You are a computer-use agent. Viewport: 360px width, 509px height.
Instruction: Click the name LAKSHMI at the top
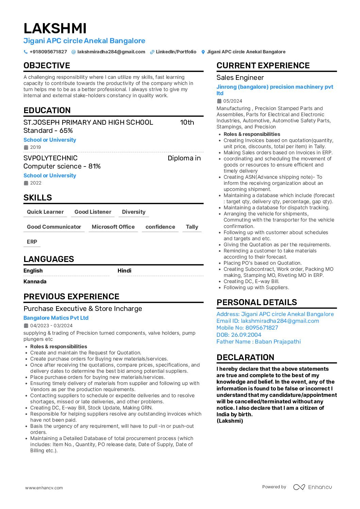(x=55, y=28)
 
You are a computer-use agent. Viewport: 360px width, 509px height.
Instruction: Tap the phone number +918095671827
(x=48, y=52)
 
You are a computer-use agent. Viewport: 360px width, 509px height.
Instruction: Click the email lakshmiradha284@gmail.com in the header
(x=111, y=52)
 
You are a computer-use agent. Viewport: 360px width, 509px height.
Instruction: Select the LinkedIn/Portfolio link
(x=176, y=52)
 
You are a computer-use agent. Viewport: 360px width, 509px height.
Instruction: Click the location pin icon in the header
(x=203, y=52)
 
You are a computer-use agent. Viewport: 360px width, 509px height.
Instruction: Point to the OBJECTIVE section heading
(x=47, y=66)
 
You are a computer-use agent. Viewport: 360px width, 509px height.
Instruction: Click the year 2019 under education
(x=35, y=147)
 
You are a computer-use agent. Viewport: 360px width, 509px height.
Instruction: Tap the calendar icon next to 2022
(x=26, y=183)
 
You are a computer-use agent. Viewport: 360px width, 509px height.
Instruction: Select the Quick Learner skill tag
(x=45, y=212)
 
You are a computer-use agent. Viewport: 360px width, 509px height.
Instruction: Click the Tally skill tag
(x=192, y=227)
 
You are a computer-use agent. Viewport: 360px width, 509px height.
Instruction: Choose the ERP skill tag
(x=32, y=242)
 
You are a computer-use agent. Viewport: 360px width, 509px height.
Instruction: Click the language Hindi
(x=124, y=271)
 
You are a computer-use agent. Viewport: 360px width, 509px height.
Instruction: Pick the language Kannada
(x=35, y=282)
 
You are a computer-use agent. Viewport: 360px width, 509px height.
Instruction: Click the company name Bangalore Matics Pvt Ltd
(x=56, y=318)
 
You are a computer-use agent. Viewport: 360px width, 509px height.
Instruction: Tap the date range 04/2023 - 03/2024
(x=51, y=326)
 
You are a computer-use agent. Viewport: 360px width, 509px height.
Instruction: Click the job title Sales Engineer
(x=240, y=78)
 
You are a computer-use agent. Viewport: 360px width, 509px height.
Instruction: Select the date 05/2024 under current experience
(x=233, y=101)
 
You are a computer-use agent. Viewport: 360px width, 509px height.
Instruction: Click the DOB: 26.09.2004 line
(x=239, y=335)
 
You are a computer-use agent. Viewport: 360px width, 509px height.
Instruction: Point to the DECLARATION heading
(x=245, y=357)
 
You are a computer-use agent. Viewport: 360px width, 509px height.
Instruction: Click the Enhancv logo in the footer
(x=312, y=487)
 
